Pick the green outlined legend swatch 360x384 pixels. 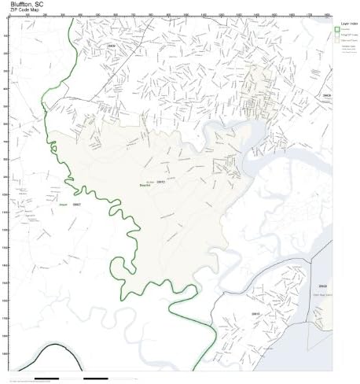pos(336,30)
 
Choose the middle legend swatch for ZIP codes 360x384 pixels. pos(336,35)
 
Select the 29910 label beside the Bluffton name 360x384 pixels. pos(160,181)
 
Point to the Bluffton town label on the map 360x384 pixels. pos(146,185)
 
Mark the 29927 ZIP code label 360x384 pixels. pos(76,204)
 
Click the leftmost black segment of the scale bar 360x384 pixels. pos(47,378)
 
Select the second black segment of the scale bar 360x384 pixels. pos(95,378)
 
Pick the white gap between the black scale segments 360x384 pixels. pos(71,378)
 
